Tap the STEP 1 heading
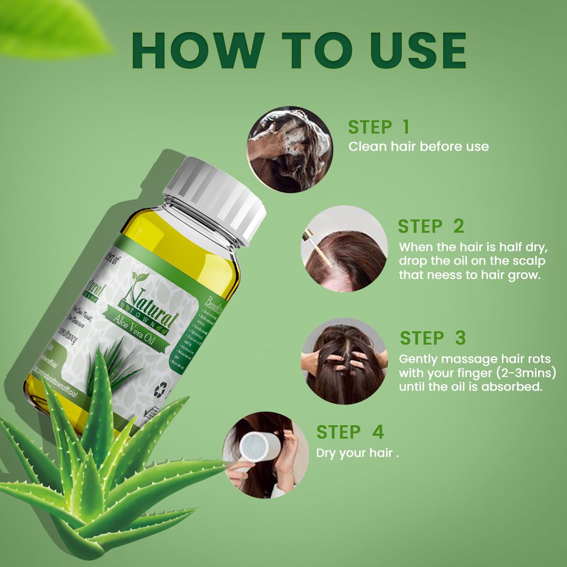coord(378,127)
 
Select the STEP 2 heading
coord(430,226)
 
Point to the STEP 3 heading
coord(433,338)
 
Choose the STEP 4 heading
coord(350,432)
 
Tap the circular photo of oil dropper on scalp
coord(344,248)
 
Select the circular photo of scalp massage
coord(344,361)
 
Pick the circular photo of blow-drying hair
coord(266,455)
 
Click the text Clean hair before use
coord(418,146)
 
